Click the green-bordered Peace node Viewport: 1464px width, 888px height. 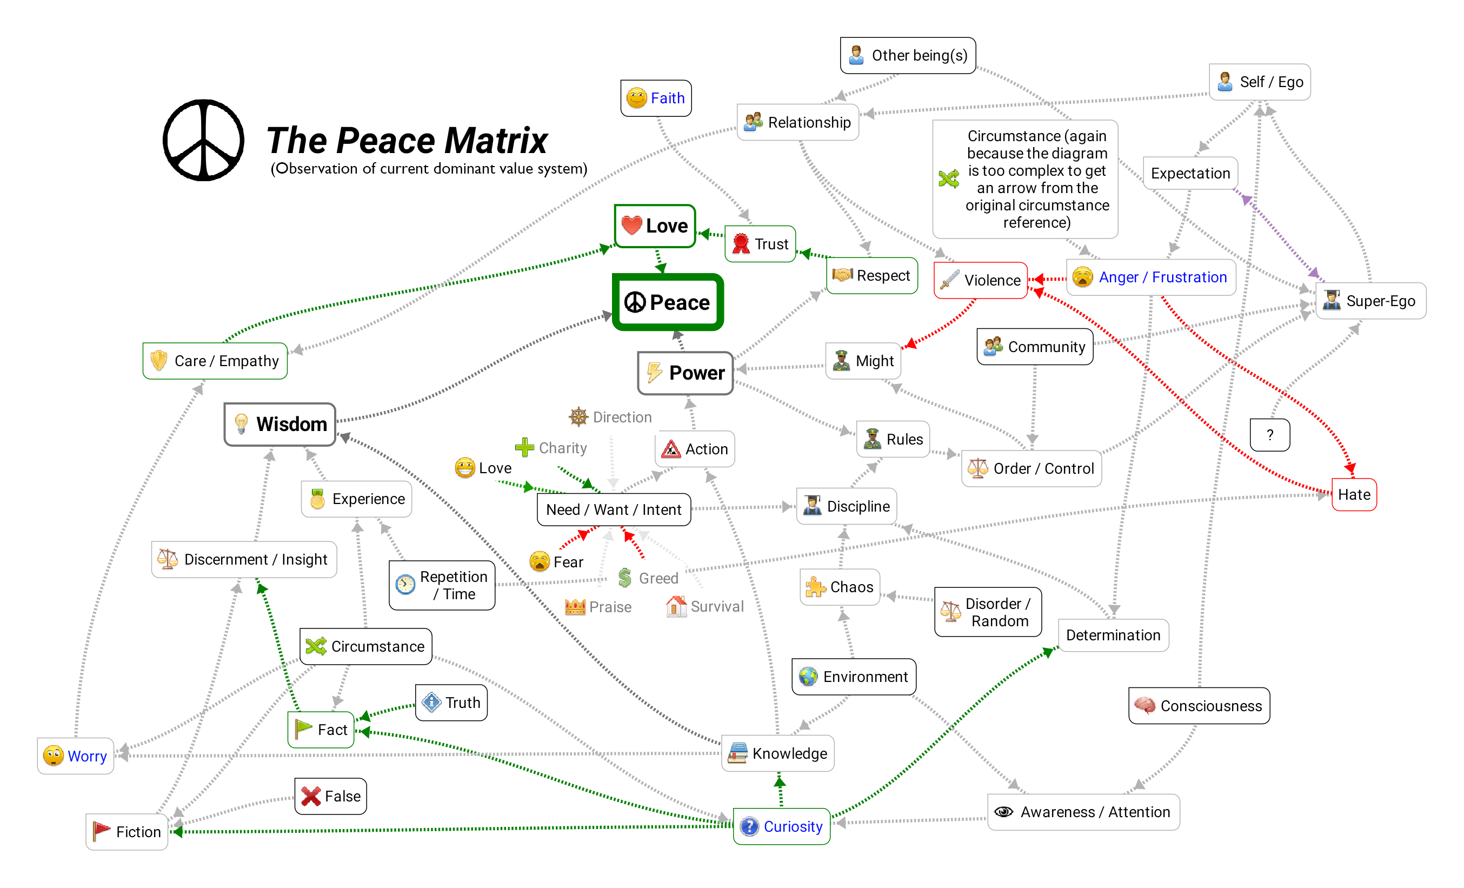[668, 302]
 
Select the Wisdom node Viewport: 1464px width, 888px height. [280, 425]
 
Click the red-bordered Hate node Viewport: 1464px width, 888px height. [1354, 494]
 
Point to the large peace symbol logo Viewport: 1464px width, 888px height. [203, 140]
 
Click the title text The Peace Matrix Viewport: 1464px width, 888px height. [407, 140]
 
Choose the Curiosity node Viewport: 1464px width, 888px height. [781, 826]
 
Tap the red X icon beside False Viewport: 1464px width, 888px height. [311, 796]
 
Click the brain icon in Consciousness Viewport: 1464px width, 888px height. [1144, 706]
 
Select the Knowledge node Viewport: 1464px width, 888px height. [778, 753]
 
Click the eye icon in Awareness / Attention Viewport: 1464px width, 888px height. [1004, 812]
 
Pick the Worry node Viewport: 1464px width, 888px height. [76, 756]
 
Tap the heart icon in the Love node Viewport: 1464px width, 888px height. [631, 226]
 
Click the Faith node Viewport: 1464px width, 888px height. [656, 98]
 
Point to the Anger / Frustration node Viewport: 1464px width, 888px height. [1151, 277]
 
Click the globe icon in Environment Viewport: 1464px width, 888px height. [808, 677]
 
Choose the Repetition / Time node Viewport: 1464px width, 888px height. [442, 586]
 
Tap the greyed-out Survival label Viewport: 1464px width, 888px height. [716, 606]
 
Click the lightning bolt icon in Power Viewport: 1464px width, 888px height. [654, 373]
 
